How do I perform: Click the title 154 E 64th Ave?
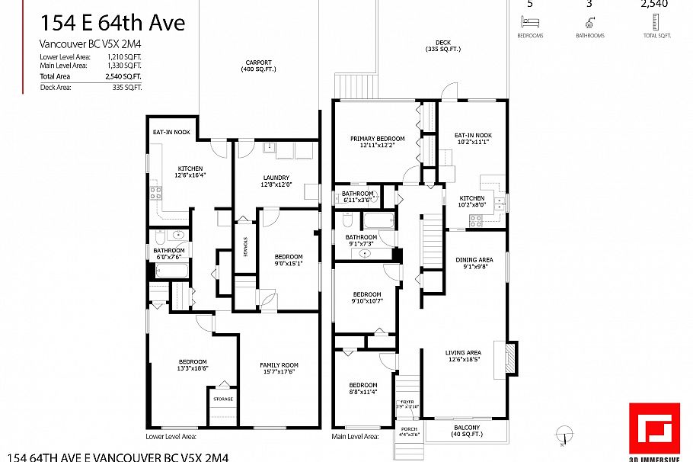(112, 24)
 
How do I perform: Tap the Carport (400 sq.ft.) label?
(260, 66)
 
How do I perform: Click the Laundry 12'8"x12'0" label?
(275, 181)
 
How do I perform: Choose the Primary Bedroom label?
(377, 142)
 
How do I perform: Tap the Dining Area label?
(474, 263)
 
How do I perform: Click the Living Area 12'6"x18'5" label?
(465, 356)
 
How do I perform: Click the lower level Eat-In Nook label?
(171, 132)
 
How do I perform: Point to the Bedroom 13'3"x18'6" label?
(193, 365)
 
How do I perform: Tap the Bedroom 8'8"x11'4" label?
(363, 388)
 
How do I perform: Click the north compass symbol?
(562, 434)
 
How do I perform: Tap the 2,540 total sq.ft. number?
(654, 5)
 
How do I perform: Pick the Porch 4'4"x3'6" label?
(409, 432)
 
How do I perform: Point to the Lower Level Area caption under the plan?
(171, 437)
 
